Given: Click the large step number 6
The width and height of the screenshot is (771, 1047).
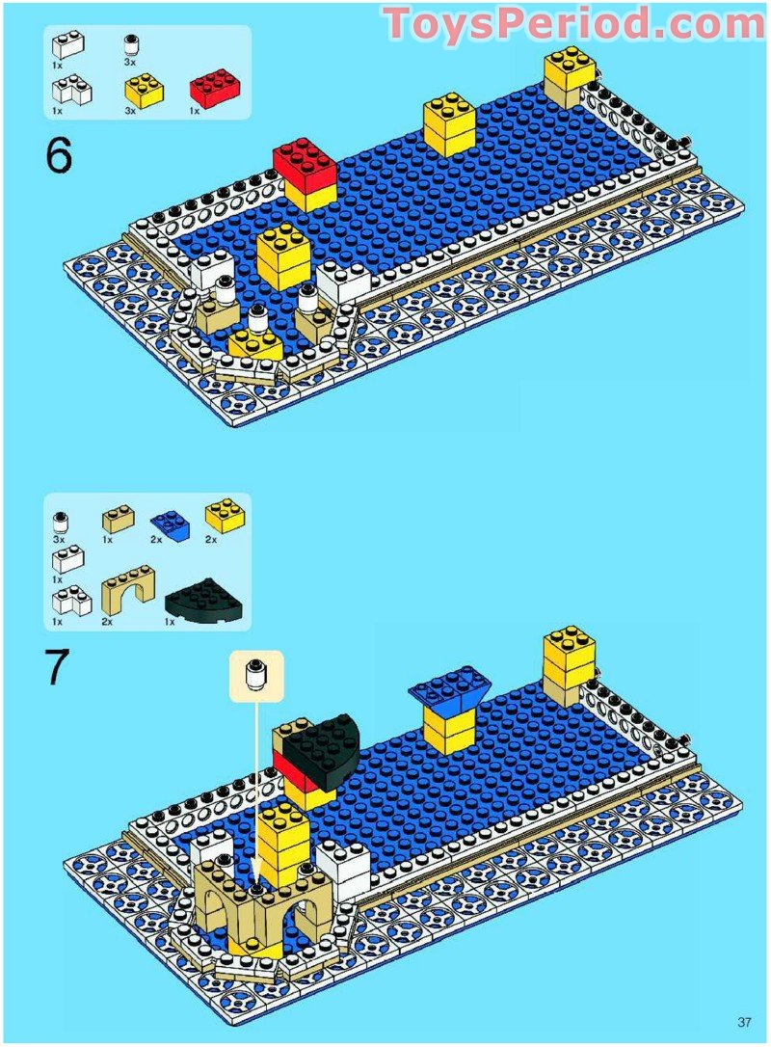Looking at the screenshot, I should pyautogui.click(x=58, y=155).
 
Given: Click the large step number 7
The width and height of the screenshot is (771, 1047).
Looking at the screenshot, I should pyautogui.click(x=58, y=668).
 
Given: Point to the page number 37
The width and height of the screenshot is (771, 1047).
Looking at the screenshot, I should pyautogui.click(x=744, y=1022).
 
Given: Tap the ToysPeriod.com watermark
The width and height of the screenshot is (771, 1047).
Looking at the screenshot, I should pyautogui.click(x=572, y=23).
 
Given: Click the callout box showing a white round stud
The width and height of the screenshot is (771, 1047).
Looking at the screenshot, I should pyautogui.click(x=256, y=675).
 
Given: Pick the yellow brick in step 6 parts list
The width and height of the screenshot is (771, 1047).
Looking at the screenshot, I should pyautogui.click(x=144, y=90).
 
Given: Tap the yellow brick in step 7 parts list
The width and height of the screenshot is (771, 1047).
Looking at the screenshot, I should pyautogui.click(x=224, y=516).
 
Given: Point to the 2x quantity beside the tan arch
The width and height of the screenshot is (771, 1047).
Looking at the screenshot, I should pyautogui.click(x=107, y=623).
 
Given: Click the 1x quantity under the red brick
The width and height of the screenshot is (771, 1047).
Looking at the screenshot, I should pyautogui.click(x=195, y=111).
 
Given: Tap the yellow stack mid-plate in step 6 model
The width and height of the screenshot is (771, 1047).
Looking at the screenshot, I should pyautogui.click(x=448, y=124).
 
